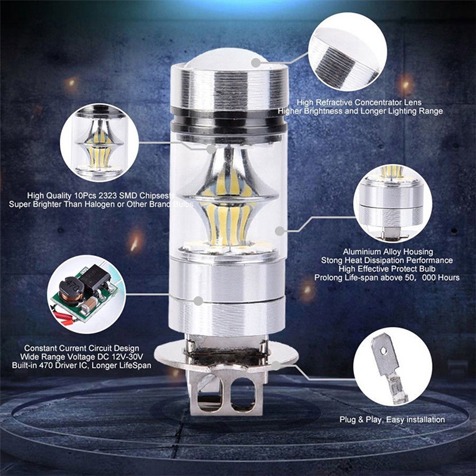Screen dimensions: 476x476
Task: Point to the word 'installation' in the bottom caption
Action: tap(423, 420)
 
